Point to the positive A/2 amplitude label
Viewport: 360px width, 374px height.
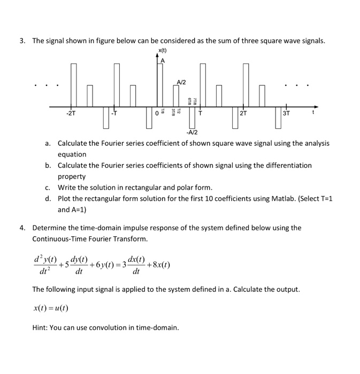click(x=181, y=81)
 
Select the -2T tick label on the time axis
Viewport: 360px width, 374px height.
click(x=71, y=114)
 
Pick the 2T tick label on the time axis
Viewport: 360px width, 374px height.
click(x=243, y=114)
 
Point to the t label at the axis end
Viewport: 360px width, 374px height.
click(x=322, y=113)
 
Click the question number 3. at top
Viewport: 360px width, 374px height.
click(x=22, y=41)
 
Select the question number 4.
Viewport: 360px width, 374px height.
click(x=22, y=228)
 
